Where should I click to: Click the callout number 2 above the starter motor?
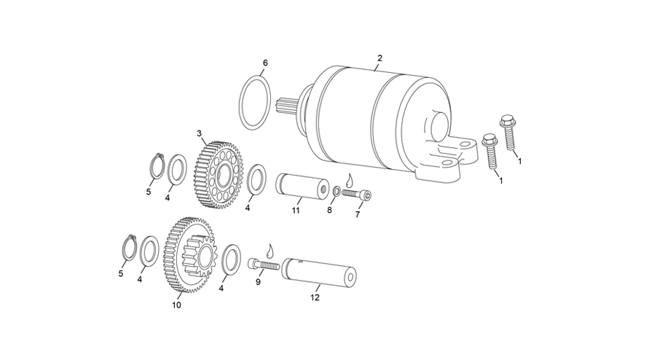pos(380,58)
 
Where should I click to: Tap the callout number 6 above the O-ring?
pos(265,63)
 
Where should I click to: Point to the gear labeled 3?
pos(218,174)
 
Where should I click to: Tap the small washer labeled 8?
pos(337,192)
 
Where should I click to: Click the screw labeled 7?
pos(357,195)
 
